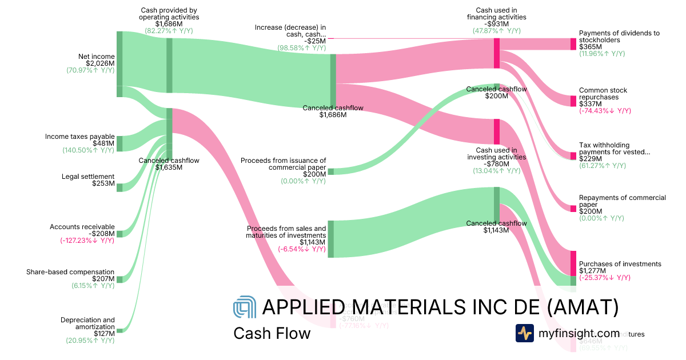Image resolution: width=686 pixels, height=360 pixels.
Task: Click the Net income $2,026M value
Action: pos(101,63)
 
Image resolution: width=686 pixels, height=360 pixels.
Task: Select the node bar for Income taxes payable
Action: pos(119,143)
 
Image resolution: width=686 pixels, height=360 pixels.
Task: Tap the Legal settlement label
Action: pos(88,177)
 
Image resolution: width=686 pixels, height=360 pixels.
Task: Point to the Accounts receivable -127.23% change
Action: pos(87,241)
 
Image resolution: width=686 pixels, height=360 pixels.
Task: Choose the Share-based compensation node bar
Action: pos(119,279)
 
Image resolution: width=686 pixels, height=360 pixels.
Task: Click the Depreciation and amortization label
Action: pos(87,323)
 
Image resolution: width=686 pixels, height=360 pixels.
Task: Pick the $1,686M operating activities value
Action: pos(169,24)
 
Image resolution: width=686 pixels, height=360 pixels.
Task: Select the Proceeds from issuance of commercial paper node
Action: pos(330,171)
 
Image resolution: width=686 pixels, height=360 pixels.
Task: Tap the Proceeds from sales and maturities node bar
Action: pos(330,239)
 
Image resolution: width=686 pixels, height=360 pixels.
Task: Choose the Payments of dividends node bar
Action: pos(573,44)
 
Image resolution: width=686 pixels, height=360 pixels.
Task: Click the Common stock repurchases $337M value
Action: pos(589,104)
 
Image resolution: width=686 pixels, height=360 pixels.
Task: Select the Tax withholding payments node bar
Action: pos(573,156)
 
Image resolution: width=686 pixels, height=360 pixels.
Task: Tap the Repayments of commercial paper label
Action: pos(622,201)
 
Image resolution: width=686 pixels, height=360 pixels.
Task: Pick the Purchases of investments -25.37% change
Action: pos(605,278)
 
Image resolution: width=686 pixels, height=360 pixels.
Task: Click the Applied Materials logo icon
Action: pos(245,307)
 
